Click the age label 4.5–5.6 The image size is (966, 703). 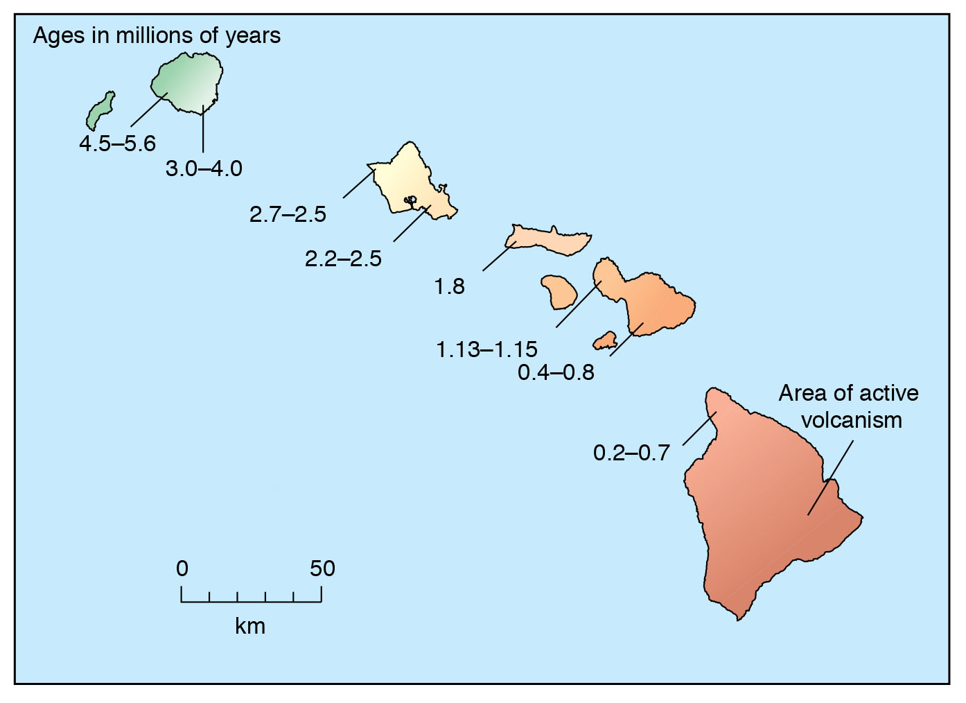pyautogui.click(x=117, y=144)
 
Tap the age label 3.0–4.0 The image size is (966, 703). pyautogui.click(x=204, y=168)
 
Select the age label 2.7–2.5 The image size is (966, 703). pyautogui.click(x=288, y=214)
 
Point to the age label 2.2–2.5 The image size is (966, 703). pyautogui.click(x=343, y=259)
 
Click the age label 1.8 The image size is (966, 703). pyautogui.click(x=449, y=286)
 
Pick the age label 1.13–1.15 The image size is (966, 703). pyautogui.click(x=486, y=349)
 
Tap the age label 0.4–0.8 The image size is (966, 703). pyautogui.click(x=556, y=372)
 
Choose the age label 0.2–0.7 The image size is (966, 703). pyautogui.click(x=631, y=453)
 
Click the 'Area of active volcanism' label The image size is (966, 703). pyautogui.click(x=849, y=406)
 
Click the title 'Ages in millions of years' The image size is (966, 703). pyautogui.click(x=157, y=35)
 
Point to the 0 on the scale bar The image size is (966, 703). pyautogui.click(x=182, y=569)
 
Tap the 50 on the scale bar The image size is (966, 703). pyautogui.click(x=322, y=569)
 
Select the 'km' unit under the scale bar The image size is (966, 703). pyautogui.click(x=250, y=626)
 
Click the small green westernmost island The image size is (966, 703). pyautogui.click(x=100, y=111)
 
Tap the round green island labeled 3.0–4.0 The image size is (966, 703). pyautogui.click(x=188, y=83)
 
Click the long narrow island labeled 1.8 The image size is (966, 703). pyautogui.click(x=551, y=239)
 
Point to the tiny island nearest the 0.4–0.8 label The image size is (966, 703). pyautogui.click(x=605, y=340)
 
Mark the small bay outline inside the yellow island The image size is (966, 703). pyautogui.click(x=411, y=201)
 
